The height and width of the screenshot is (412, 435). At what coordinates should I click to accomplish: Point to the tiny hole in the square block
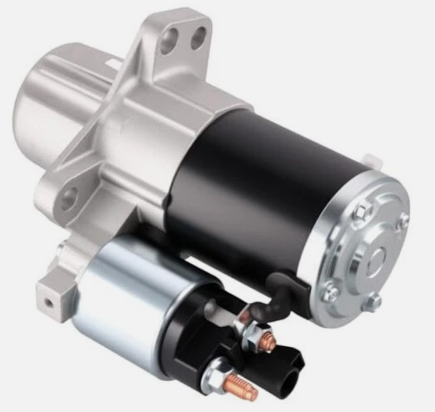pyautogui.click(x=49, y=302)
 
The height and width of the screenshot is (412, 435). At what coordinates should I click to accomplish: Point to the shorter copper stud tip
pyautogui.click(x=268, y=342)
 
